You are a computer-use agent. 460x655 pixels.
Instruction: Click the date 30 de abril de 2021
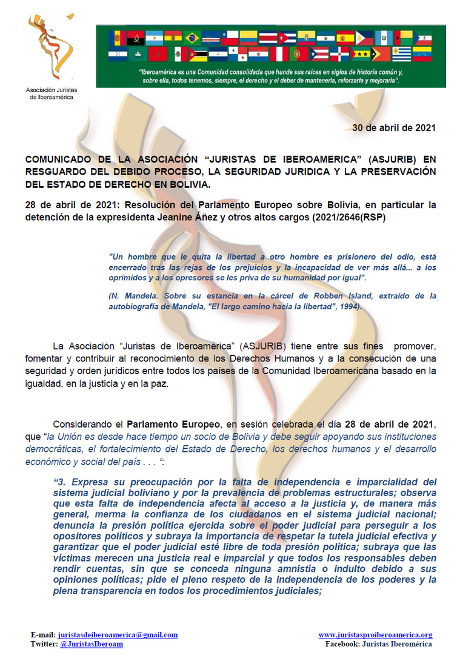394,128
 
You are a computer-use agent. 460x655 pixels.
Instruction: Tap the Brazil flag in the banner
192,38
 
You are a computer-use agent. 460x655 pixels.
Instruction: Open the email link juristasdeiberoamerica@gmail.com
118,635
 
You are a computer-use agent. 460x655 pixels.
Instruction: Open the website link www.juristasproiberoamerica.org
375,635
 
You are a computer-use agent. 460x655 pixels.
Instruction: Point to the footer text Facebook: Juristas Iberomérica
378,644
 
